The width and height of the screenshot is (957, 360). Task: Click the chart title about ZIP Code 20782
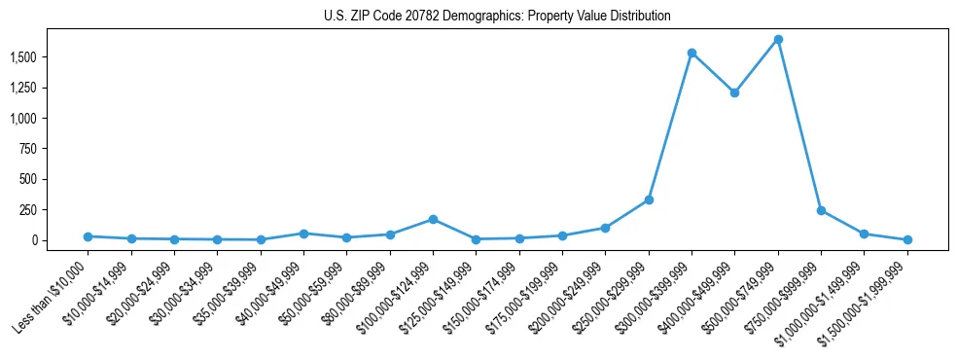497,16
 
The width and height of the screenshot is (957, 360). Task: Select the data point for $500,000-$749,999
778,40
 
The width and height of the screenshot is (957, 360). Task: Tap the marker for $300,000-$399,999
691,53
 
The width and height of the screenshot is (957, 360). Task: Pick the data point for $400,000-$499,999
734,93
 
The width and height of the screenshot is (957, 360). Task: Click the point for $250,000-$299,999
649,199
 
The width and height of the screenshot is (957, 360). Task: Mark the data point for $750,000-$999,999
821,210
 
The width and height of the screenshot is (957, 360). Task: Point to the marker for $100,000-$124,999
433,219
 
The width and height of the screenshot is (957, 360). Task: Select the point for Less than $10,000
88,236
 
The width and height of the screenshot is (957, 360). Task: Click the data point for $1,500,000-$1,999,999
907,239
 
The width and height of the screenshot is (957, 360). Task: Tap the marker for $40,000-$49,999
303,234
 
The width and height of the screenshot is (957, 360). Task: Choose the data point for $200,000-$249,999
605,228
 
